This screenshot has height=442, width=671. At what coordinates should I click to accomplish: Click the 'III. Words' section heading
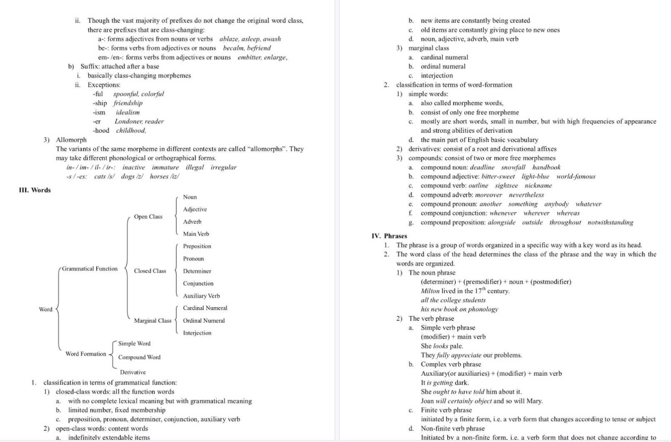point(35,190)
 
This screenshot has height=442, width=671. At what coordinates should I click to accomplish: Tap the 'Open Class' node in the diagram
point(148,216)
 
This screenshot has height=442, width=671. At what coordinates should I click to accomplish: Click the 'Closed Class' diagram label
point(150,271)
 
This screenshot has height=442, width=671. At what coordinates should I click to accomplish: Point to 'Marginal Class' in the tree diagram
point(152,320)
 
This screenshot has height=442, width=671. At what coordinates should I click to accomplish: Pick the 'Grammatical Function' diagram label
point(90,269)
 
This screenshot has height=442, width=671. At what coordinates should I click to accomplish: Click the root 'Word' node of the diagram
point(46,309)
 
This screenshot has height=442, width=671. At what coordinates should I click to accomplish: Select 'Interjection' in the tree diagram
point(197,333)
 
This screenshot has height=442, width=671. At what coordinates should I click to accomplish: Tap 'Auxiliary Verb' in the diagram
point(201,296)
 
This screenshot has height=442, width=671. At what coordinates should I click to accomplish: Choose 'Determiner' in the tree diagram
point(197,271)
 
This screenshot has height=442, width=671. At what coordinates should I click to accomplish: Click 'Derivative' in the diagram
point(133,372)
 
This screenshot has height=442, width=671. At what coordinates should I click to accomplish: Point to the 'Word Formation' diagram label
point(86,354)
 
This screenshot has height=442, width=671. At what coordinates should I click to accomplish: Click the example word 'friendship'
point(128,103)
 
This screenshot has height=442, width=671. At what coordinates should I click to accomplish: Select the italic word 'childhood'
point(131,130)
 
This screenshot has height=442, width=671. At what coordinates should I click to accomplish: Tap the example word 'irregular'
point(223,167)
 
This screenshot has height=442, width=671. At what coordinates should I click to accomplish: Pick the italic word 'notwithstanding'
point(610,222)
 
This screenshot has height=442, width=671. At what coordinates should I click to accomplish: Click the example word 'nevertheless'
point(526,195)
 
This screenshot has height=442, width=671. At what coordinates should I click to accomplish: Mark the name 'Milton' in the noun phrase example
point(430,291)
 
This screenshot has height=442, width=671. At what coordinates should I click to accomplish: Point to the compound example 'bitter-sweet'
point(498,176)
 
